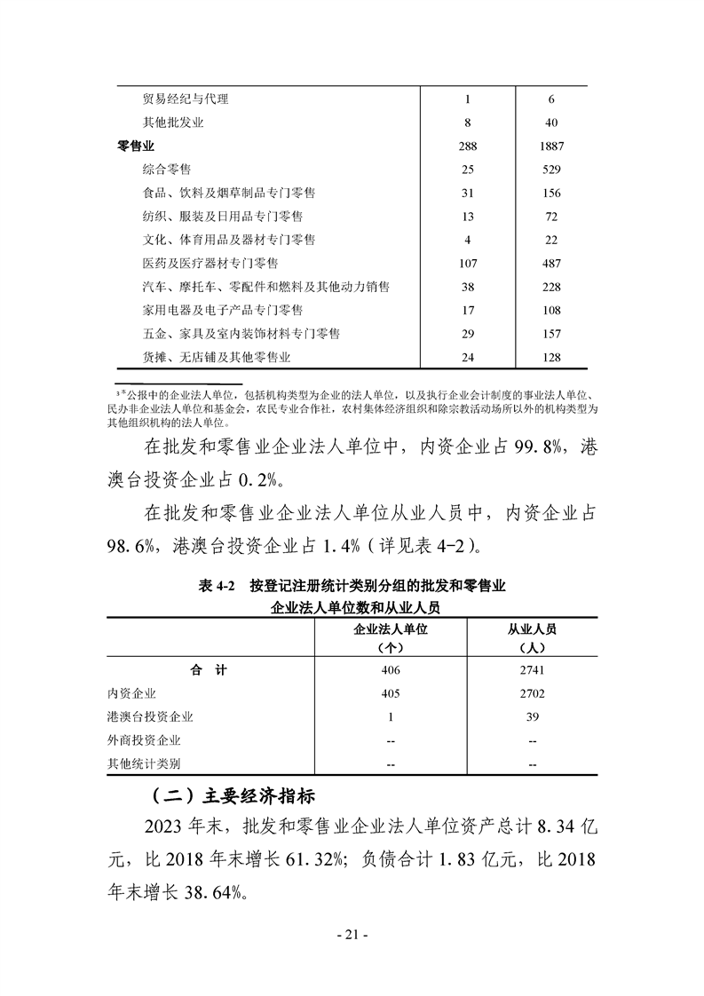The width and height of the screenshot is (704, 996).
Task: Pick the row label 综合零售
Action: [167, 169]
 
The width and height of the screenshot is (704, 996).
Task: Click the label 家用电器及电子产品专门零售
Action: [222, 310]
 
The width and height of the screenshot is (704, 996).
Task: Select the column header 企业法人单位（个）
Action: [392, 637]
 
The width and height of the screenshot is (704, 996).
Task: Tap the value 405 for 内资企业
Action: [392, 693]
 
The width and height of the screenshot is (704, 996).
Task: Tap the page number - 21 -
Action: [352, 934]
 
